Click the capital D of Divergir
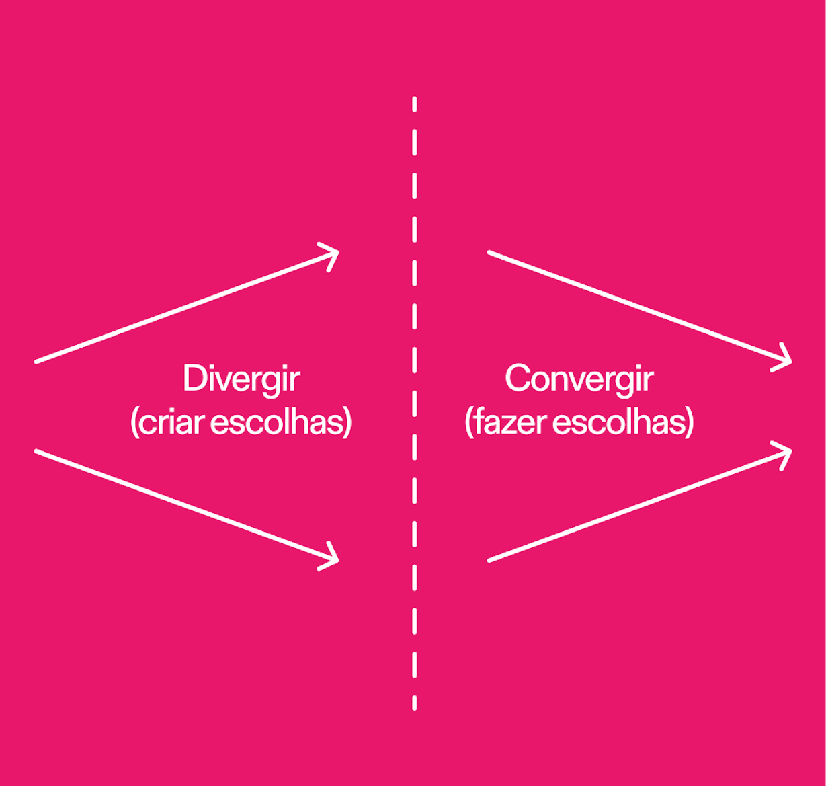(x=194, y=379)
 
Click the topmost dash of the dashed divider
(x=415, y=104)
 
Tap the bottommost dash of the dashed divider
(x=415, y=703)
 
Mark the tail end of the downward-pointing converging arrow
(x=489, y=252)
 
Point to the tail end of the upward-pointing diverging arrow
(x=36, y=362)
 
